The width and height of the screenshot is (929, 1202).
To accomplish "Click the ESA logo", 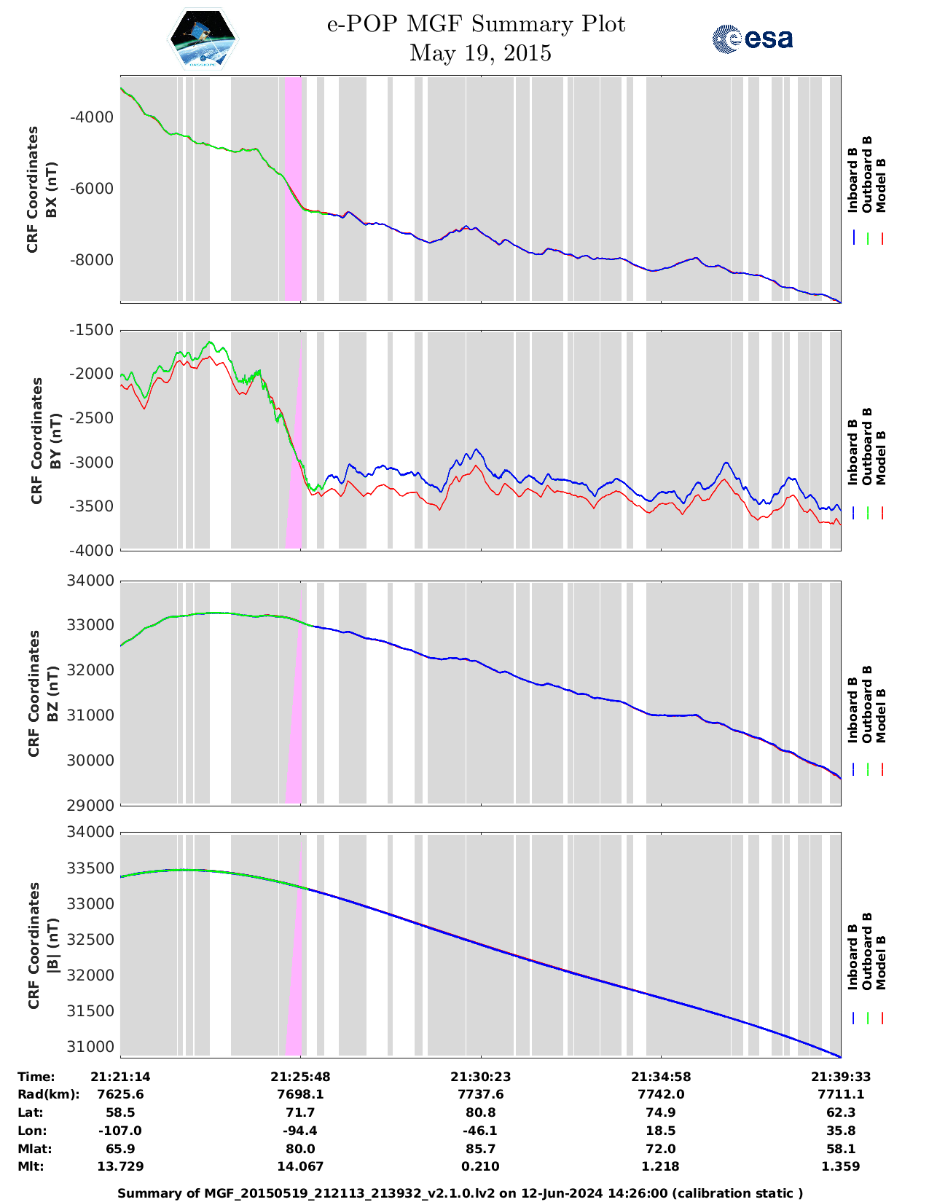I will coord(752,39).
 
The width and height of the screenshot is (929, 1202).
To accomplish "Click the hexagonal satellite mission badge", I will coord(203,39).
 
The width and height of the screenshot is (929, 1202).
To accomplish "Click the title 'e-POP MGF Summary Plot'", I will coord(476,25).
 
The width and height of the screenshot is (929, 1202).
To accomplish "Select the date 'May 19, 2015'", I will coord(480,53).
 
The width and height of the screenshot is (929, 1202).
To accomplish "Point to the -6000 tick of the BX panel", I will coord(91,189).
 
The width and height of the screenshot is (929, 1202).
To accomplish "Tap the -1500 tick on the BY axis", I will coord(90,330).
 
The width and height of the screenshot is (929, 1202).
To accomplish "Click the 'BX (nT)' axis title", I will coord(52,190).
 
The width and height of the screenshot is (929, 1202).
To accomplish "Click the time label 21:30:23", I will coord(480,1077).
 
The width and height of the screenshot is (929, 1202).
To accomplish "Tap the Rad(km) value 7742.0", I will coord(660,1094).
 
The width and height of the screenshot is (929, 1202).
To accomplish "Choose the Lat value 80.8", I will coord(480,1112).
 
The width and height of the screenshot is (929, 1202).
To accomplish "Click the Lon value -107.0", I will coord(120,1131).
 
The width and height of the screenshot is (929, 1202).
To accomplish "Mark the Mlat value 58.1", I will coord(840,1149).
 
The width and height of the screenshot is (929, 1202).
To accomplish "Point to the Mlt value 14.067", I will coord(300,1166).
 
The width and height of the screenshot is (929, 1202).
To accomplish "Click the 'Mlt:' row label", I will coord(31,1166).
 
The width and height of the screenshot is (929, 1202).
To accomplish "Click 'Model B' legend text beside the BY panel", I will coord(880,457).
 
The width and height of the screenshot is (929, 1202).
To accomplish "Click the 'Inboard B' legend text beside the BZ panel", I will coord(852,710).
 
